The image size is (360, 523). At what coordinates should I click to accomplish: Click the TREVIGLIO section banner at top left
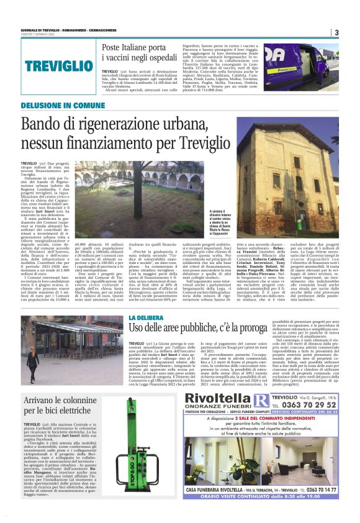[x=55, y=65]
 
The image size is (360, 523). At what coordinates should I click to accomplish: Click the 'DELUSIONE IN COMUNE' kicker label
[x=63, y=106]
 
